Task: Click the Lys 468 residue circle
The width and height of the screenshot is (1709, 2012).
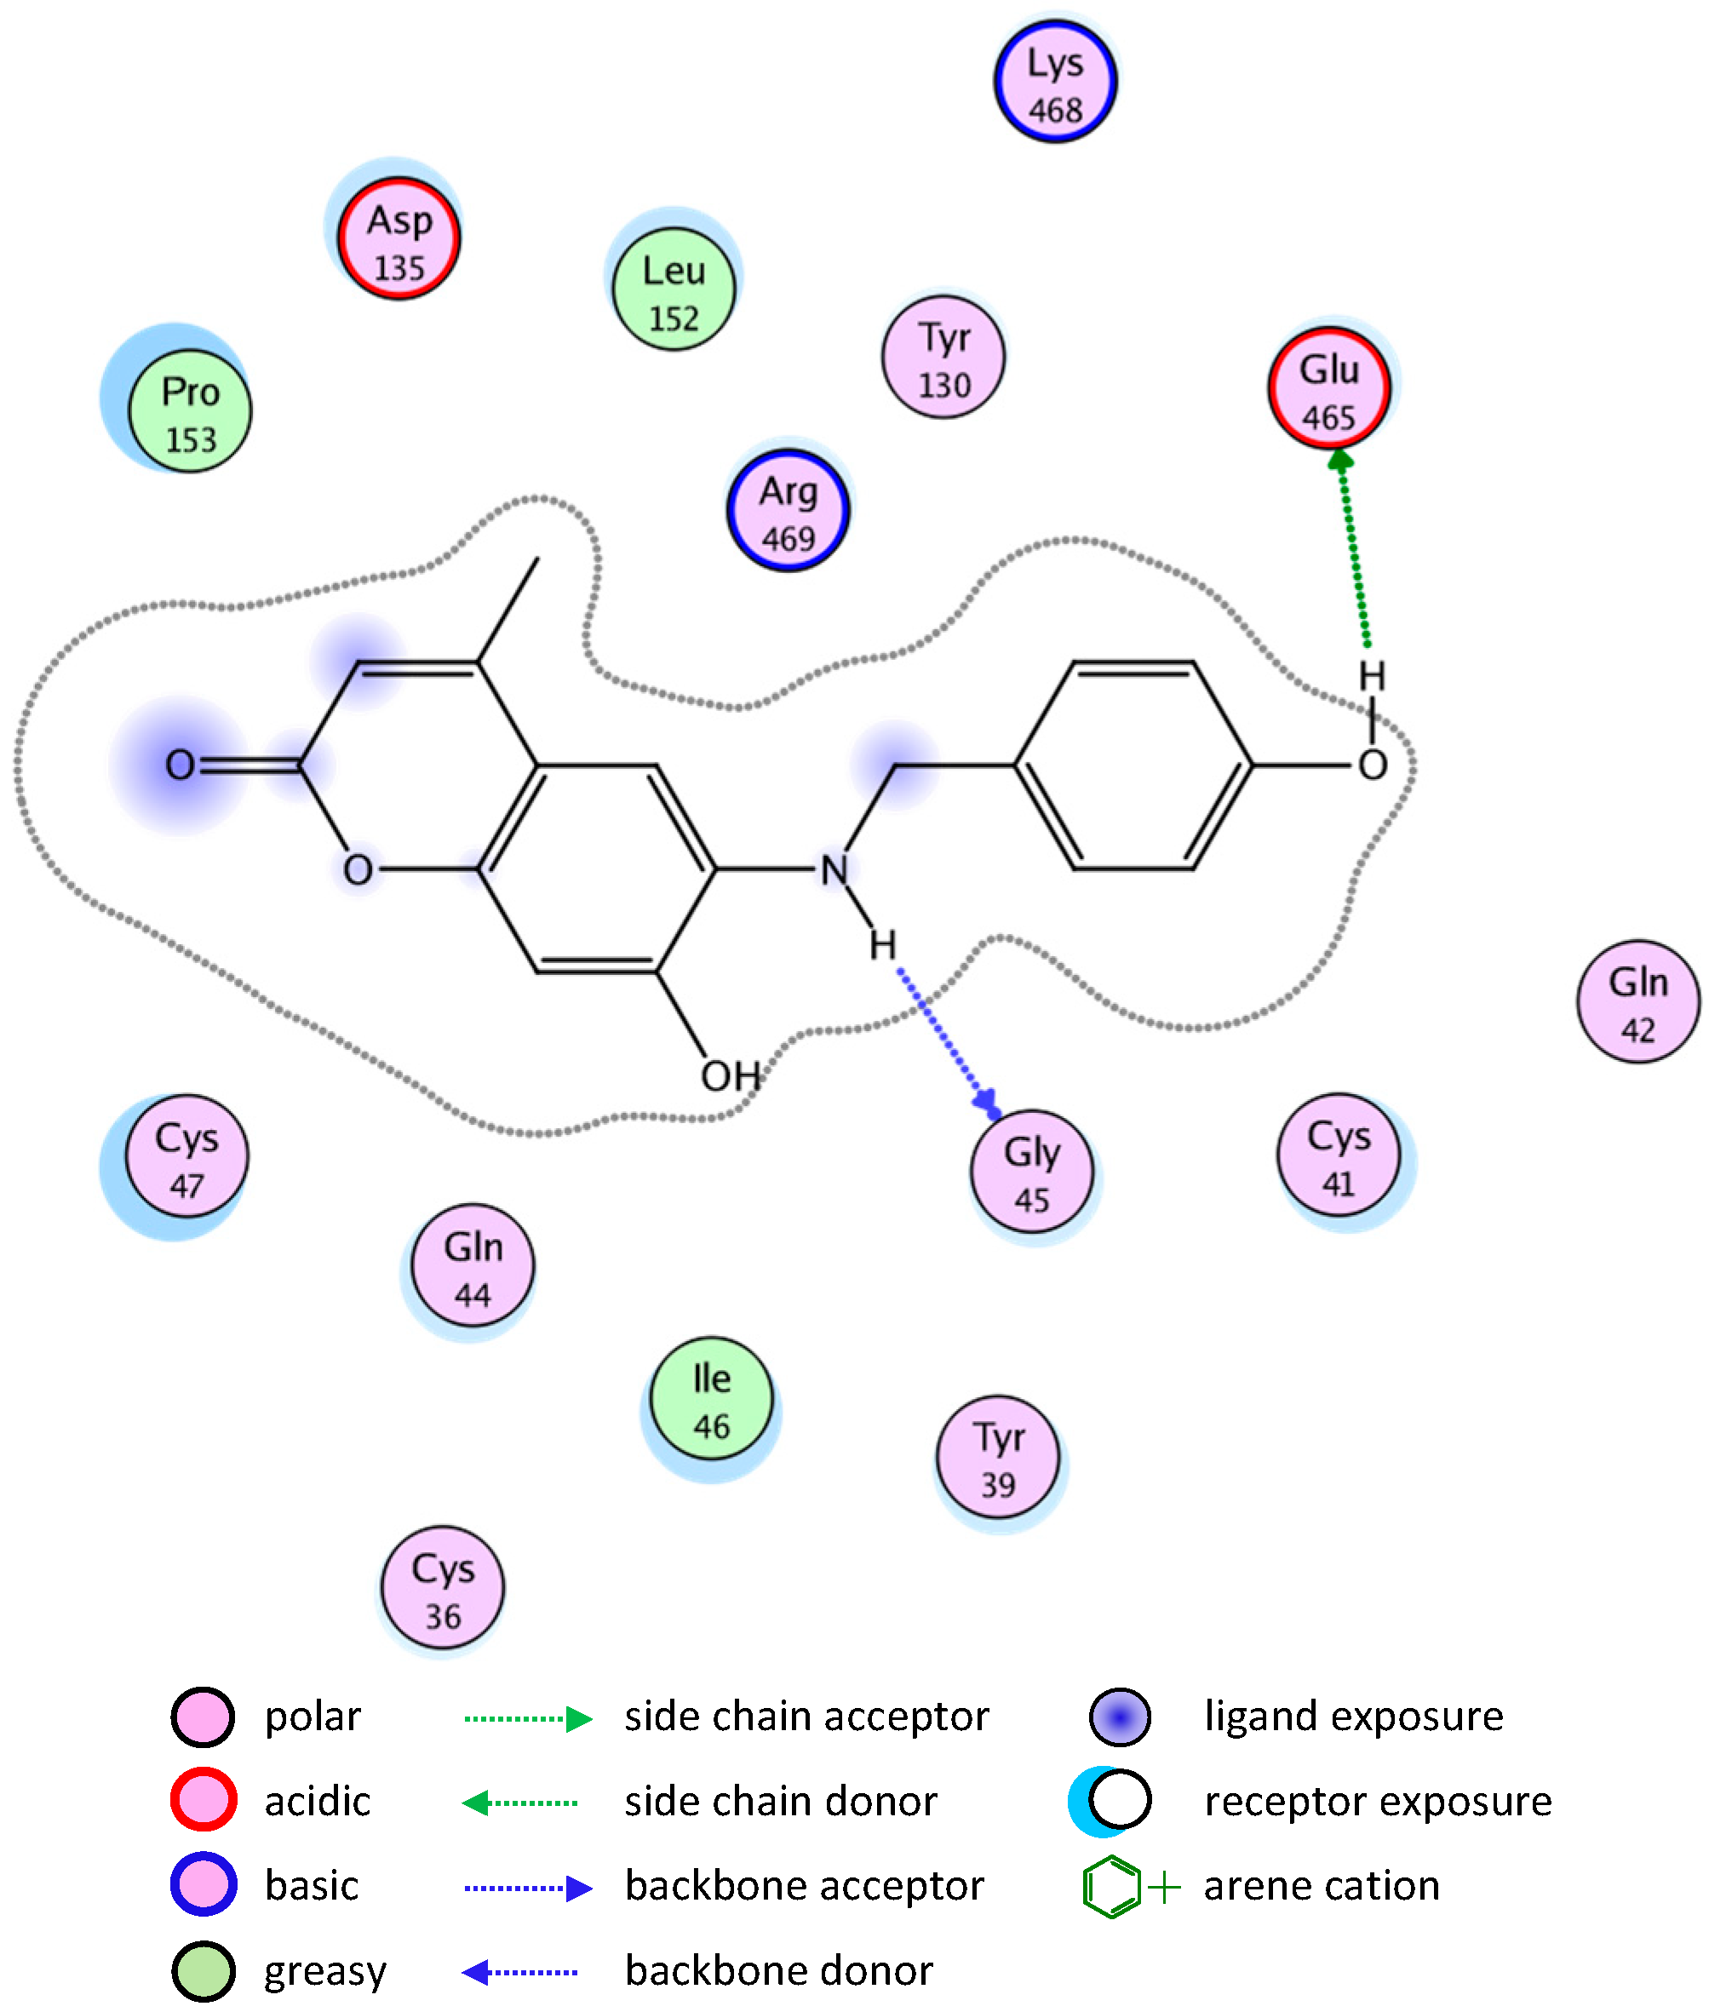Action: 1055,83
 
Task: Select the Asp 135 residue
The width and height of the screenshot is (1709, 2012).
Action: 399,238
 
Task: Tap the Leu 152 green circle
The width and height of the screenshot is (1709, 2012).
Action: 674,289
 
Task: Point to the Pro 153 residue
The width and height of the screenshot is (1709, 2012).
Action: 191,410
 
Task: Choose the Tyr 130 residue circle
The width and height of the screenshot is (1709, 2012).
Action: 943,357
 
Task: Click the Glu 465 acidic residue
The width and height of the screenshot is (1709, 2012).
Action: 1329,388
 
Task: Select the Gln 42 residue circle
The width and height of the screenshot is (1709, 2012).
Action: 1638,1001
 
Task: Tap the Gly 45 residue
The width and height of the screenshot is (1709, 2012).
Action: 1032,1171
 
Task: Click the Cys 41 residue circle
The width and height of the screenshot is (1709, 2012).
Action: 1339,1155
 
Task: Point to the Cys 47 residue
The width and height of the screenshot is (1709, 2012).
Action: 187,1156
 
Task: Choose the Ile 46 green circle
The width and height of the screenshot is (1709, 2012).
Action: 712,1398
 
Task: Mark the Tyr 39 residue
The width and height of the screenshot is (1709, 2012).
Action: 998,1457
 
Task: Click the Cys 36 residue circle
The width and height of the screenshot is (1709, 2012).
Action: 443,1588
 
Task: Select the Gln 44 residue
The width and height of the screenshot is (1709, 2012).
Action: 473,1266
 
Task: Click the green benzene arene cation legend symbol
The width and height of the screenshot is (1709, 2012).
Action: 1111,1887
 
